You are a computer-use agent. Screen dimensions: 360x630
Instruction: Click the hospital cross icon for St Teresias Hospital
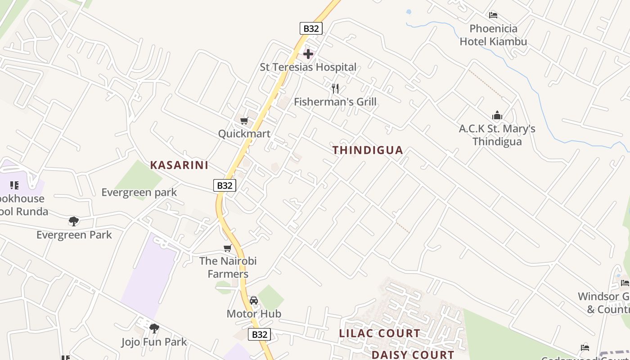click(x=308, y=54)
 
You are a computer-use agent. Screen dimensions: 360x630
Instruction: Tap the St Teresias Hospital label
click(x=308, y=67)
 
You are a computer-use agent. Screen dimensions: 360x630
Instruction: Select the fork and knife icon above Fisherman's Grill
click(x=335, y=88)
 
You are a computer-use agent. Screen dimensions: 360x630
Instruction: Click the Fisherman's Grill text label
click(x=335, y=102)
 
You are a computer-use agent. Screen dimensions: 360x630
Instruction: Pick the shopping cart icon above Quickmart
click(x=244, y=121)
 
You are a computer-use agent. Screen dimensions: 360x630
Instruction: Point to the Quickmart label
click(x=244, y=134)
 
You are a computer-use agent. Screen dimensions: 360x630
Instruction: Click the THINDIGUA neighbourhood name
click(x=368, y=150)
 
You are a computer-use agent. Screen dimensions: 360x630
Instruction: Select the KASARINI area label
click(x=179, y=165)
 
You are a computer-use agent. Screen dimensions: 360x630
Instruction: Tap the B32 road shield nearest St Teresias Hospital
click(x=311, y=28)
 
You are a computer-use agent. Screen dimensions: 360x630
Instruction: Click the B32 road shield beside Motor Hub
click(x=260, y=334)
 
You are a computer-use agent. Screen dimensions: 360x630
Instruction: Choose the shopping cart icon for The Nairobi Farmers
click(x=228, y=248)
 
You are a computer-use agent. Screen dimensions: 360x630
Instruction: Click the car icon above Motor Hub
click(x=254, y=301)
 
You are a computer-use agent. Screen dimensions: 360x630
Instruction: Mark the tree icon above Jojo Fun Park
click(x=154, y=328)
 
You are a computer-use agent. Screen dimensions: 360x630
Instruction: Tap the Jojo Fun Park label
click(x=154, y=342)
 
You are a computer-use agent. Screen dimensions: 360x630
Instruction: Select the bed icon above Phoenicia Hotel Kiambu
click(x=493, y=15)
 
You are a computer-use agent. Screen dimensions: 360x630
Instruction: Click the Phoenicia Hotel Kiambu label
click(x=493, y=35)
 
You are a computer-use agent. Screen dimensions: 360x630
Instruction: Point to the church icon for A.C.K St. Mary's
click(x=497, y=116)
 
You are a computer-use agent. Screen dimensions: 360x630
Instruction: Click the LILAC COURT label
click(x=379, y=333)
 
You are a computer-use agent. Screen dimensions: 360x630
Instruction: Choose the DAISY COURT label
click(x=413, y=355)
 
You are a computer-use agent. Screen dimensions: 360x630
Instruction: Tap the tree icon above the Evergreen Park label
click(x=74, y=221)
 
